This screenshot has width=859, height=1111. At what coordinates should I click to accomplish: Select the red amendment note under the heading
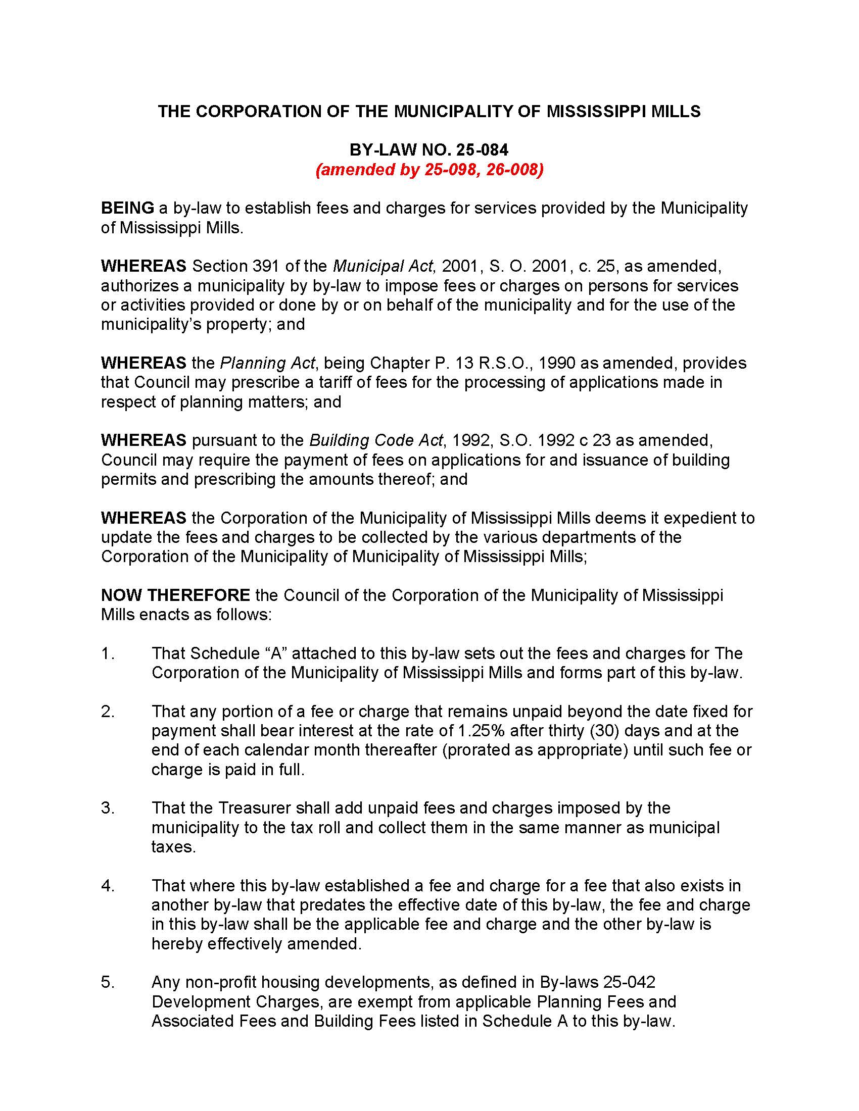(429, 169)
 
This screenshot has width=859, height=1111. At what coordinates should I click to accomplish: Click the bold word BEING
(127, 208)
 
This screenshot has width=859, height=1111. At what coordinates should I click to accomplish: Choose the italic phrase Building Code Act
(376, 440)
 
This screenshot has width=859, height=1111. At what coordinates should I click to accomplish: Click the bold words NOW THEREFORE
(175, 595)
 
